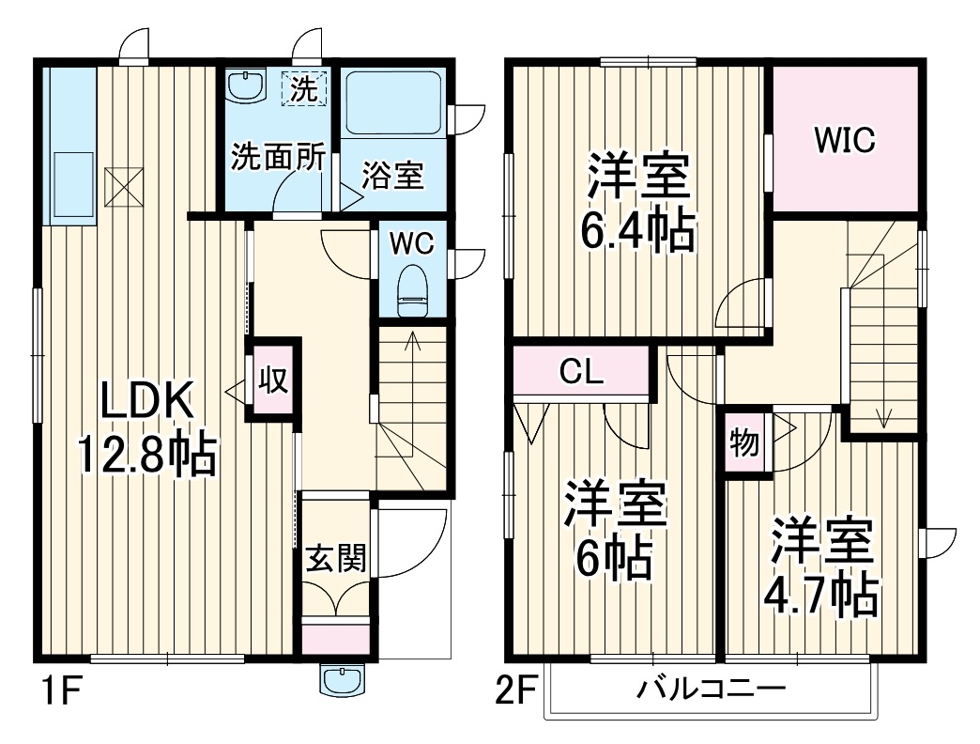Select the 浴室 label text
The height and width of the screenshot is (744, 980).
point(393,176)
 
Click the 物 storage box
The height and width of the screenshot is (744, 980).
point(745,442)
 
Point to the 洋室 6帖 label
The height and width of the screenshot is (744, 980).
point(615,532)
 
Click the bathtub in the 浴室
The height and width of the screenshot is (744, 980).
point(394,103)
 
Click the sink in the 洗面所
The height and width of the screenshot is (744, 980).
point(247,85)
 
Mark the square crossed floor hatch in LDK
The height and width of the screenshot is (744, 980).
point(120,185)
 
